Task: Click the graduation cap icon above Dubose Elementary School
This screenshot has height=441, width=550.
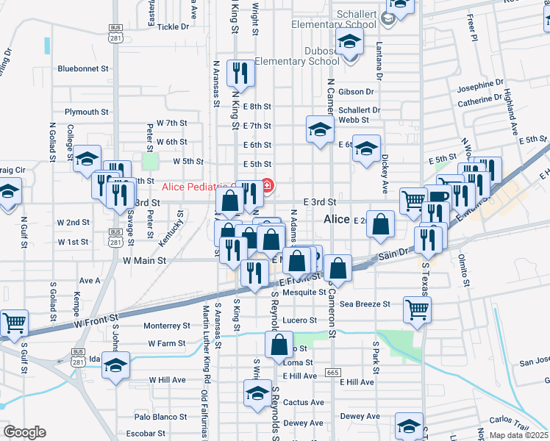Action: pos(349,40)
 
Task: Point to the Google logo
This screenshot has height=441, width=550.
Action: pos(24,432)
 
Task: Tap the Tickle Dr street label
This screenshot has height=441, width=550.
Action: pos(173,26)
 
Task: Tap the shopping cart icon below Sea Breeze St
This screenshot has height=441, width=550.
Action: pos(417,309)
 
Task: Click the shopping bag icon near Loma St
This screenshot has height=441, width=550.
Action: pos(280,345)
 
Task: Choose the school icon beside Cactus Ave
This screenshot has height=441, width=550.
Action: pos(257,392)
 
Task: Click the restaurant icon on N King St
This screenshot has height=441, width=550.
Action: pos(240,72)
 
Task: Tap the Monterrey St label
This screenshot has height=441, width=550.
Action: pos(167,326)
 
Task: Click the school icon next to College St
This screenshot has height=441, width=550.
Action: pos(87,158)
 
